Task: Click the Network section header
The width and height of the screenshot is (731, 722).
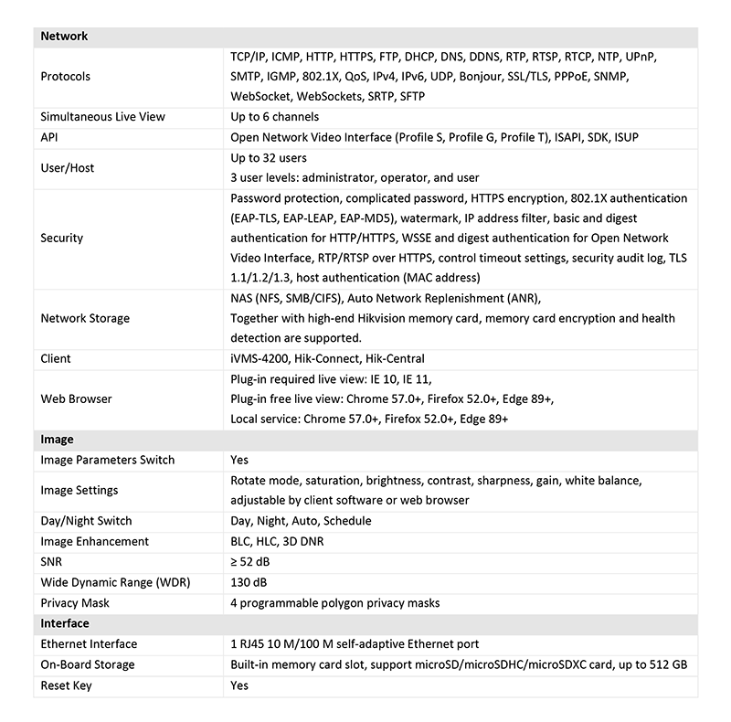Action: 64,37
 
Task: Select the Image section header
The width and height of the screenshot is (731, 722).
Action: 58,440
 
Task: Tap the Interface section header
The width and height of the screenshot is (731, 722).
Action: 65,623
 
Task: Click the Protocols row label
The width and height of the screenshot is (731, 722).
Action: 66,77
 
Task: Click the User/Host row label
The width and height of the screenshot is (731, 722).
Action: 68,168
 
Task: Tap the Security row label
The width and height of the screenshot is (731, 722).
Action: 62,238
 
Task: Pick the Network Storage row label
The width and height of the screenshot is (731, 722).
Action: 85,318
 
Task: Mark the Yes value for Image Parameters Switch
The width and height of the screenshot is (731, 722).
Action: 239,460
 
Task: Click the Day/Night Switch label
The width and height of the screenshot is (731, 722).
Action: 86,521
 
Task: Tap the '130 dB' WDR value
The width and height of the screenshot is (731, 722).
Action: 249,582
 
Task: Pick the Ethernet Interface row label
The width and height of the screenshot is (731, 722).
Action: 90,644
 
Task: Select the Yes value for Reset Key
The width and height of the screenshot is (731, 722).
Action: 239,685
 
